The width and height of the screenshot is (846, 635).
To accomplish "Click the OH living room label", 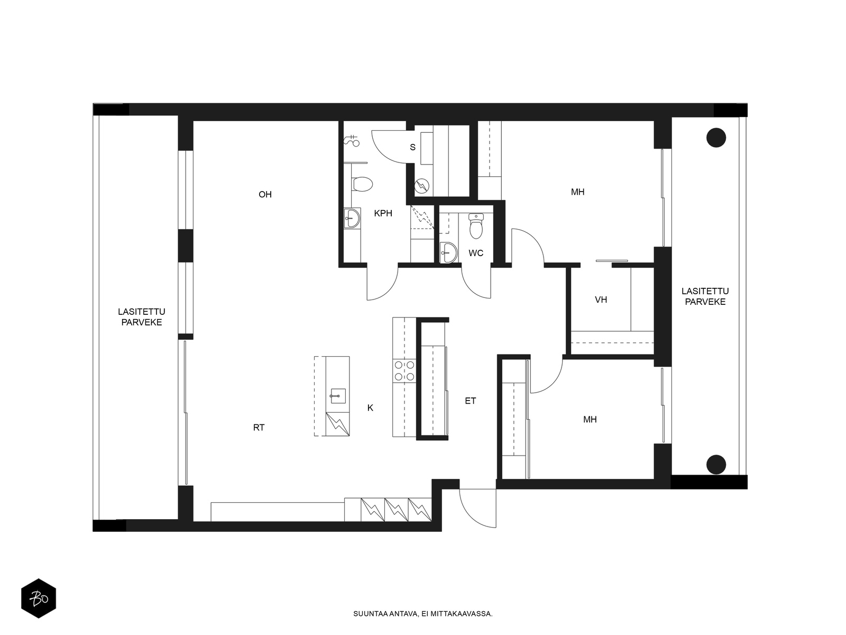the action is click(x=265, y=194).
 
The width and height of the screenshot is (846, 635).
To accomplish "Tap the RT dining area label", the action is click(x=259, y=428).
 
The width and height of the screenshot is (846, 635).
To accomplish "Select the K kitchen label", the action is click(x=371, y=408).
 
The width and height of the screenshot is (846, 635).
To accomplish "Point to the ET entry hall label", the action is click(x=470, y=401).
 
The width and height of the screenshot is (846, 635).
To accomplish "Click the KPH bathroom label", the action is click(x=383, y=213).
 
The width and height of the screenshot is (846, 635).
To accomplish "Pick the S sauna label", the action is click(x=413, y=147).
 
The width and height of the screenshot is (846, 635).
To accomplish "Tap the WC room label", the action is click(x=476, y=253).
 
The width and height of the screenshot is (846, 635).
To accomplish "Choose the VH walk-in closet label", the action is click(x=601, y=300).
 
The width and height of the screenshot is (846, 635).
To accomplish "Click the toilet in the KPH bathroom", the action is click(x=362, y=184).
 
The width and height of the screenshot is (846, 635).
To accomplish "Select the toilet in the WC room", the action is click(x=476, y=226).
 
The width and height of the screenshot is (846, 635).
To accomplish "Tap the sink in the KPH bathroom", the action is click(x=352, y=219).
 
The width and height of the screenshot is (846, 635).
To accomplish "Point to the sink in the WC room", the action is click(x=448, y=252).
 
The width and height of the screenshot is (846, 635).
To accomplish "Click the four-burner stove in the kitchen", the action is click(x=404, y=370).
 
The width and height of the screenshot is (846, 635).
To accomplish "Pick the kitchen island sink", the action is click(x=338, y=396).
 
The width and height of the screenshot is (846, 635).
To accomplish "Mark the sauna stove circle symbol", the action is click(x=421, y=187).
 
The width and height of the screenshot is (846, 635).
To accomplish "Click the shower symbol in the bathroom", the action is click(x=352, y=141).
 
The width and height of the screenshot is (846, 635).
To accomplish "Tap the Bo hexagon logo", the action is click(x=39, y=598).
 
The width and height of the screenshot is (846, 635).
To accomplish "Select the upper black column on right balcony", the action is click(x=716, y=138).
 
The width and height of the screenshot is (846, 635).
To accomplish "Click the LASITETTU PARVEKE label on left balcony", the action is click(x=142, y=317).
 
